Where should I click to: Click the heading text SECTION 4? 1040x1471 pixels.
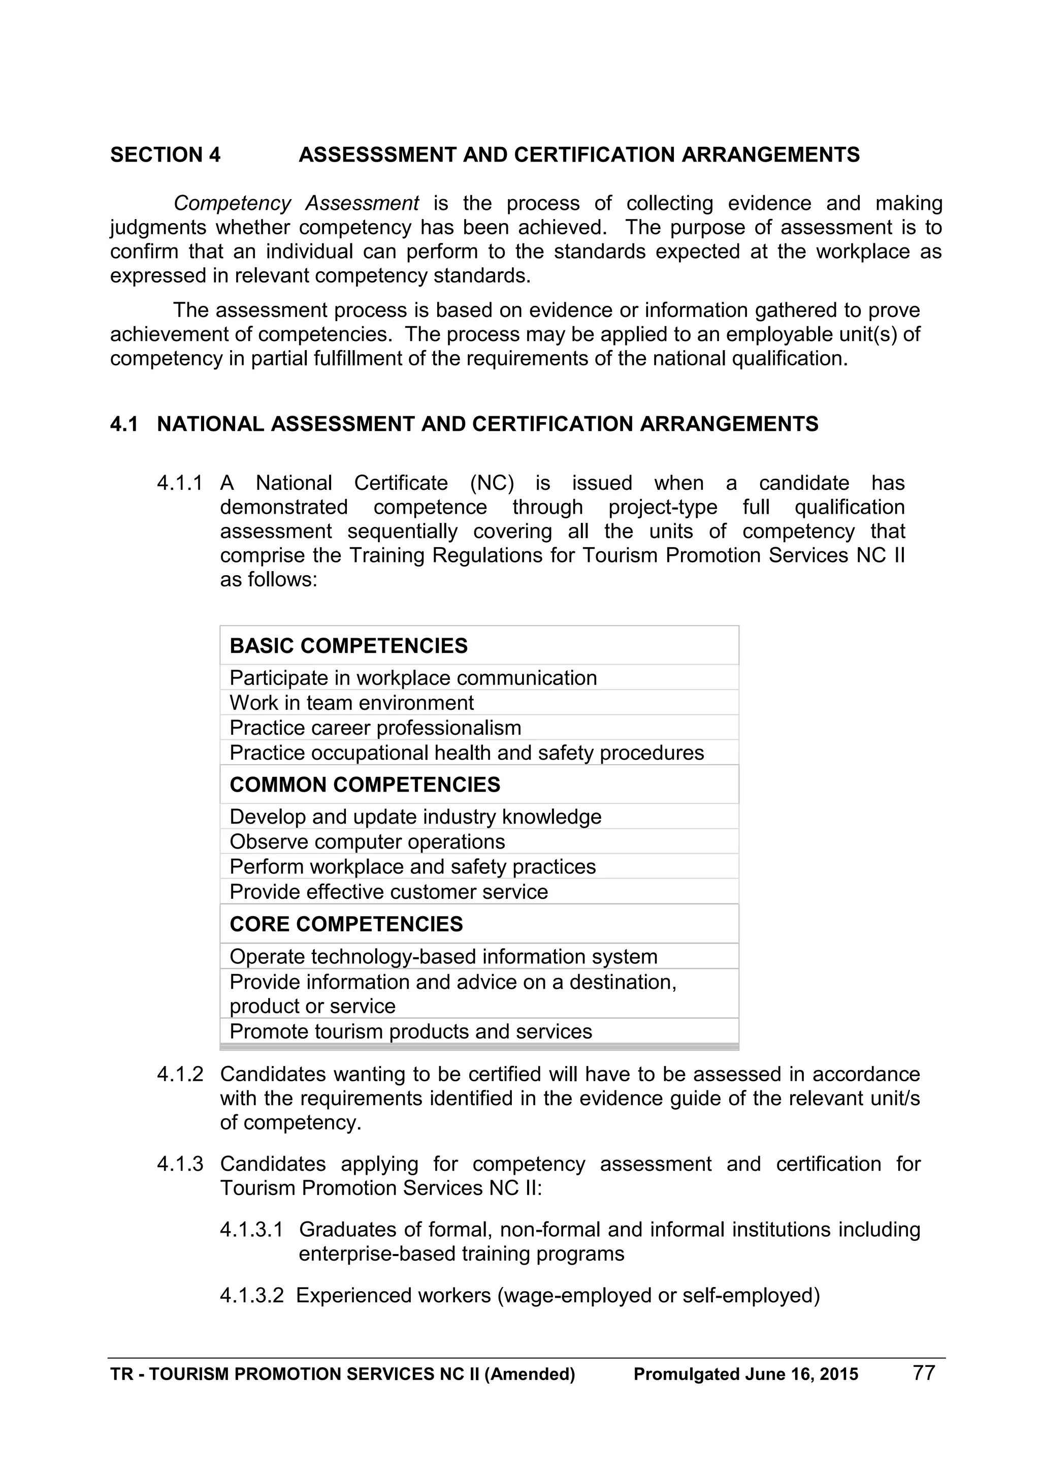[165, 155]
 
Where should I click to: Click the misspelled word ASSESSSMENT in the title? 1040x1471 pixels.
[377, 155]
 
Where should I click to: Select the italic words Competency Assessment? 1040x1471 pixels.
[296, 203]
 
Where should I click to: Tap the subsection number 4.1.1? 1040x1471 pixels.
[179, 483]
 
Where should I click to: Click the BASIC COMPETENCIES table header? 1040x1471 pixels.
[348, 646]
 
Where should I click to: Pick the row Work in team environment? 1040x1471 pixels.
[351, 703]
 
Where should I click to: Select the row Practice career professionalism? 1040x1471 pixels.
[375, 728]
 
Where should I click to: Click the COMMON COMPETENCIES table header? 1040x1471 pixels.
[365, 785]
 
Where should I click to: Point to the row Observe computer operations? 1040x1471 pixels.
[367, 842]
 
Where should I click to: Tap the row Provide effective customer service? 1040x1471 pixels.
[388, 892]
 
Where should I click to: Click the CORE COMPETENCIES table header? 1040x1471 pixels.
[346, 924]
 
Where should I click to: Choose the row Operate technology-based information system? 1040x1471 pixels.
[443, 957]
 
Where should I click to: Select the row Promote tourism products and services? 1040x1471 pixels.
[410, 1031]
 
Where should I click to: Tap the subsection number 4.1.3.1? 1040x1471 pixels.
[251, 1230]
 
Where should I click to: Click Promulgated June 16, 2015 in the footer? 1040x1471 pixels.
[745, 1374]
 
